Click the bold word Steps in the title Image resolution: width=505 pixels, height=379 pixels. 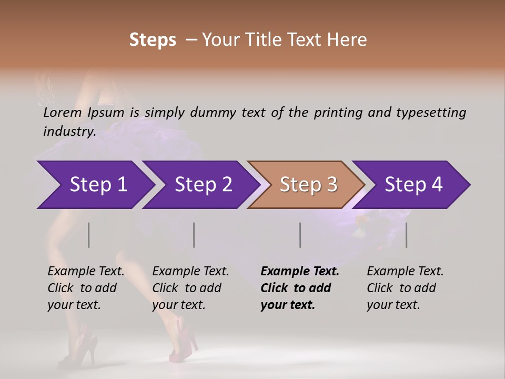click(153, 40)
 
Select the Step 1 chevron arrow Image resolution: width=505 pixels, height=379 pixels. click(95, 185)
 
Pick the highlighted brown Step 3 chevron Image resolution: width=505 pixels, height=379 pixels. click(307, 185)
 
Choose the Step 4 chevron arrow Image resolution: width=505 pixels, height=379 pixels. click(412, 185)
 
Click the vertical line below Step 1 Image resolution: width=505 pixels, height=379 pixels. click(89, 235)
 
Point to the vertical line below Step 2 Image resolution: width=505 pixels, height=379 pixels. click(194, 235)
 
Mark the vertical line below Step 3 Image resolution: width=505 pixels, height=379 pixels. click(300, 235)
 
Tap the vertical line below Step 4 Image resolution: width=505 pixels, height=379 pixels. click(406, 235)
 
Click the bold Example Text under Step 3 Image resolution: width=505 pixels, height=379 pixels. click(300, 288)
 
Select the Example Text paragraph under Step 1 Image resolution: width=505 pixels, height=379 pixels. click(86, 288)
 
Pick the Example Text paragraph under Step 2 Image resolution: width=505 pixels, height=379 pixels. click(190, 288)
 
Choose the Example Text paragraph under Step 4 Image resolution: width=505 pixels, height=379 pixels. click(405, 288)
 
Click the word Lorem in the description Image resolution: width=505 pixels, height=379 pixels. click(62, 113)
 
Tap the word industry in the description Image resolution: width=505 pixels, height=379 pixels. click(69, 132)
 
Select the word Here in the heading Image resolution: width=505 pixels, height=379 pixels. click(348, 40)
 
